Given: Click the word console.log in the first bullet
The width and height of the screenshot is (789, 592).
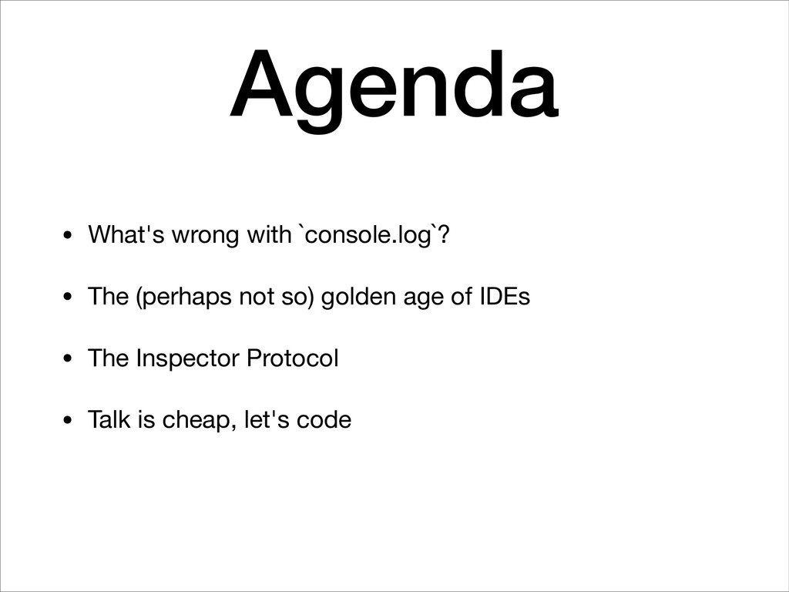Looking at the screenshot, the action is coord(368,235).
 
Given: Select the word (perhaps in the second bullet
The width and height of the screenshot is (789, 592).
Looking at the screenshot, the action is coord(183,297).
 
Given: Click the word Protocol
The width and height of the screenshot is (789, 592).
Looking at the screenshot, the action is coord(292,358).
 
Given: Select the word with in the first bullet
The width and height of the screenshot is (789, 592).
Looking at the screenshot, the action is coord(269,234).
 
